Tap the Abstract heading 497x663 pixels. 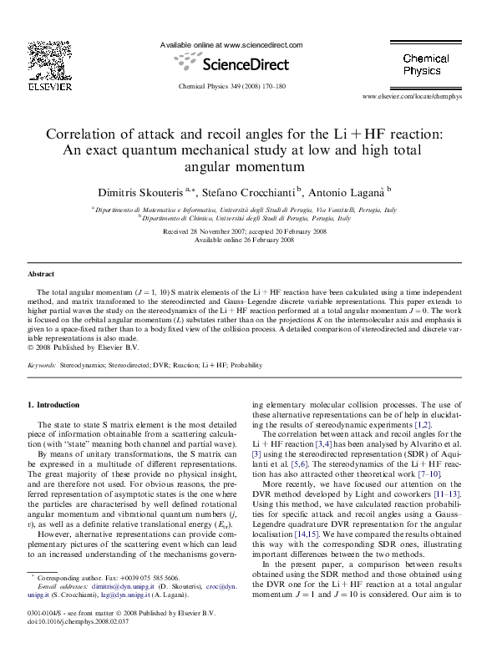pos(41,273)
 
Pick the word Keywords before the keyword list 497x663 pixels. pos(42,365)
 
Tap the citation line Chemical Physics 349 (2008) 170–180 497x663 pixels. pos(232,86)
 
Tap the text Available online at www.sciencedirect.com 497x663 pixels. pos(231,45)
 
